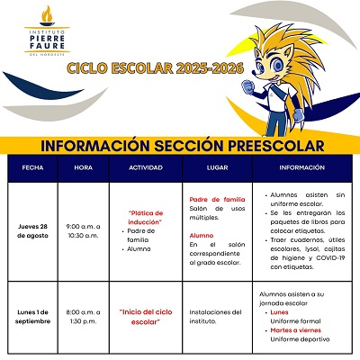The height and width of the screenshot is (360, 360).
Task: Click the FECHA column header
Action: (32, 167)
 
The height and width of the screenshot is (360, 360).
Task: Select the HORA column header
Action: (84, 167)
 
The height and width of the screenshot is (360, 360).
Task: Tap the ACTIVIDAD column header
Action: (145, 167)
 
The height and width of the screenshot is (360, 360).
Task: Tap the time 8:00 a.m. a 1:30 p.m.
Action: (84, 317)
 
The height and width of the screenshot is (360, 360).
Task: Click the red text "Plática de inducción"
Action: (145, 216)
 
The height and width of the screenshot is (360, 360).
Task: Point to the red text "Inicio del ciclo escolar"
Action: (145, 316)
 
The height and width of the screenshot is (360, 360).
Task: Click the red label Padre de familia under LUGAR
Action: (217, 199)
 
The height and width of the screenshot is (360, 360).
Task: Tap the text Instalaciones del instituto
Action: (217, 317)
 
